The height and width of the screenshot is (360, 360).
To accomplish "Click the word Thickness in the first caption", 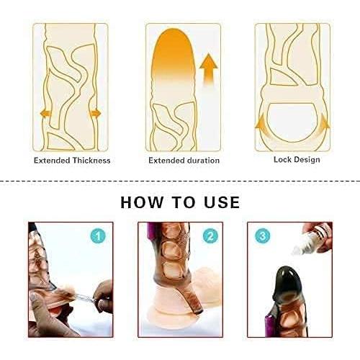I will (89, 160).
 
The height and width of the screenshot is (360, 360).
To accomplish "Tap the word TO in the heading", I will (181, 202).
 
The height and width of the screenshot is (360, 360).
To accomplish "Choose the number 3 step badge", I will (261, 235).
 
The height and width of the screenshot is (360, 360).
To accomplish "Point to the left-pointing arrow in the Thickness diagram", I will (45, 113).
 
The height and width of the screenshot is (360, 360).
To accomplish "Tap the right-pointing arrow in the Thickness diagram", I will (95, 113).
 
